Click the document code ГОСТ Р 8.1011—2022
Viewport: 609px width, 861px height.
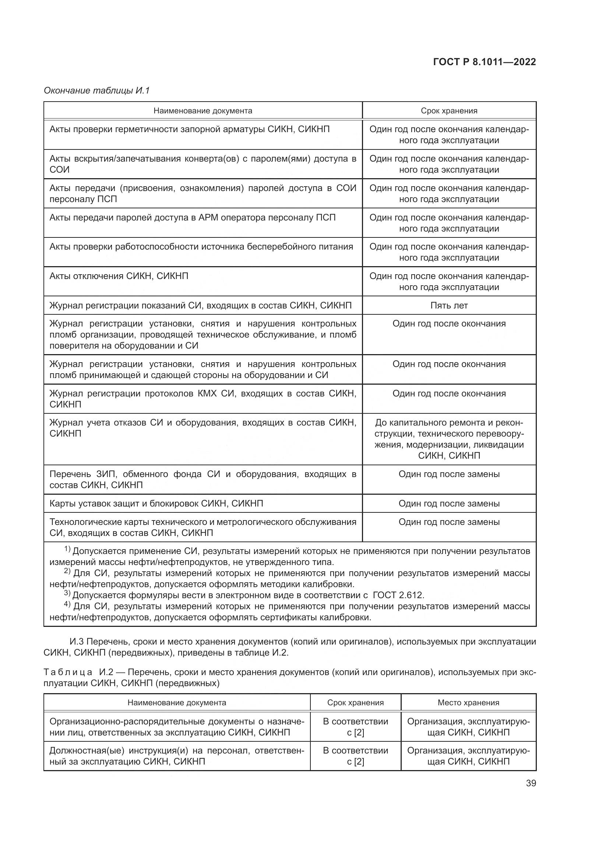click(x=484, y=62)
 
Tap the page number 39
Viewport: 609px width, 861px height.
click(x=531, y=783)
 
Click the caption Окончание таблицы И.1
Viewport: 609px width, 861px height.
click(x=97, y=91)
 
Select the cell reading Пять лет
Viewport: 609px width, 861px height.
click(x=449, y=305)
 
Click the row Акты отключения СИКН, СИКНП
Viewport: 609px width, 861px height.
click(x=119, y=276)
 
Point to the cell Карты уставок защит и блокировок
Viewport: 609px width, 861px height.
click(x=156, y=503)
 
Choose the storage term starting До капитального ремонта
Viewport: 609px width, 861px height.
click(x=449, y=439)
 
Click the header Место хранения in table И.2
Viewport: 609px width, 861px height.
click(x=468, y=702)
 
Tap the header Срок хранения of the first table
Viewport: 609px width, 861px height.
click(x=449, y=111)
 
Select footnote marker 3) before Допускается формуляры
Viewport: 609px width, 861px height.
click(x=67, y=593)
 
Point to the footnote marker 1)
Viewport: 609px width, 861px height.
click(x=67, y=549)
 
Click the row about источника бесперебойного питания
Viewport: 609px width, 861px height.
click(x=201, y=247)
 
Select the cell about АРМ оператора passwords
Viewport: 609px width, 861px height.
click(x=192, y=218)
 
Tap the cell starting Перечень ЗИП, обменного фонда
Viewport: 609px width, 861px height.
click(x=203, y=479)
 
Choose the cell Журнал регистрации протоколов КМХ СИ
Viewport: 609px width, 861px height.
click(x=203, y=399)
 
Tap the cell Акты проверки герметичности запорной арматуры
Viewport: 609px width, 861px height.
click(x=189, y=129)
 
